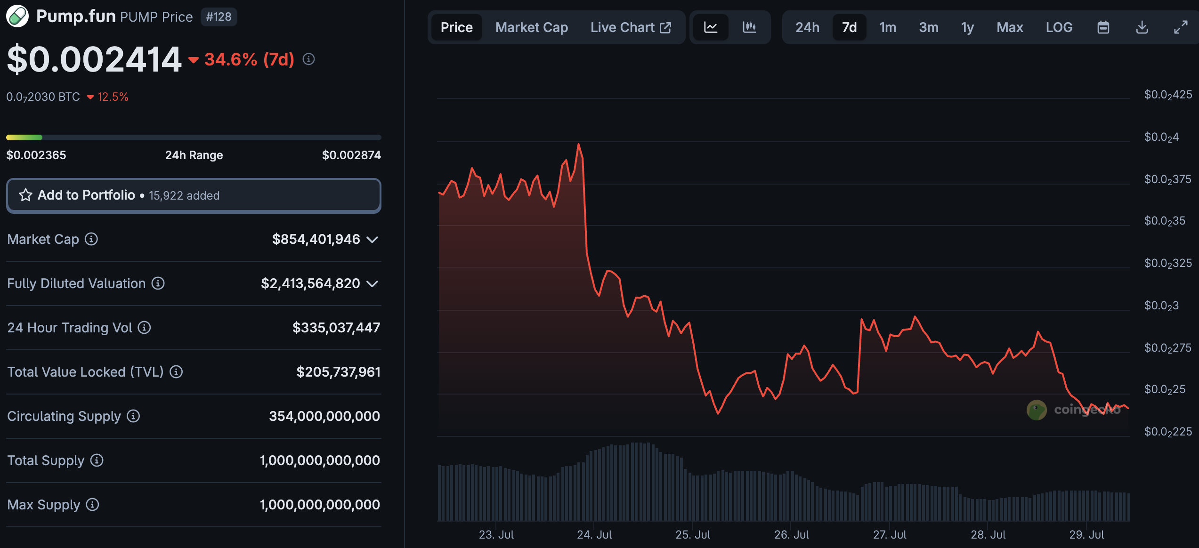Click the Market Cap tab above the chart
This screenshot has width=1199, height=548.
531,27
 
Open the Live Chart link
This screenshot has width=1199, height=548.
630,27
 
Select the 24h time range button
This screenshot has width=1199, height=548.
807,27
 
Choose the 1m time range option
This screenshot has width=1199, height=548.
887,27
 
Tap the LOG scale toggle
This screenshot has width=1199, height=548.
1059,27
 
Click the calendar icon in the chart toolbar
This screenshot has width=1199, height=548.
1103,27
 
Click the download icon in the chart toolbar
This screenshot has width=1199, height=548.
1142,27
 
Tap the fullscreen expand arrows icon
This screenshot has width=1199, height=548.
1180,27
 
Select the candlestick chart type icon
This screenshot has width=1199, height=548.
749,27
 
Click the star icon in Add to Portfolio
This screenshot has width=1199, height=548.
25,195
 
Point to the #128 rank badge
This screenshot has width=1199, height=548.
219,17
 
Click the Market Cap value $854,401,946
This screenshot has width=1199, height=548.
316,239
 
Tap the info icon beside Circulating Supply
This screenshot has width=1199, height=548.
133,416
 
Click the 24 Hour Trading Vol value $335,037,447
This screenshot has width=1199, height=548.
336,328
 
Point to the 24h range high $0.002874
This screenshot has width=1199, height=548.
351,155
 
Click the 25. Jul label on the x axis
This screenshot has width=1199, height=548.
693,535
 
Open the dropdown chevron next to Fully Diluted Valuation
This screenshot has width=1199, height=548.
373,283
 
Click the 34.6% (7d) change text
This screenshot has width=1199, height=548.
249,59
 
